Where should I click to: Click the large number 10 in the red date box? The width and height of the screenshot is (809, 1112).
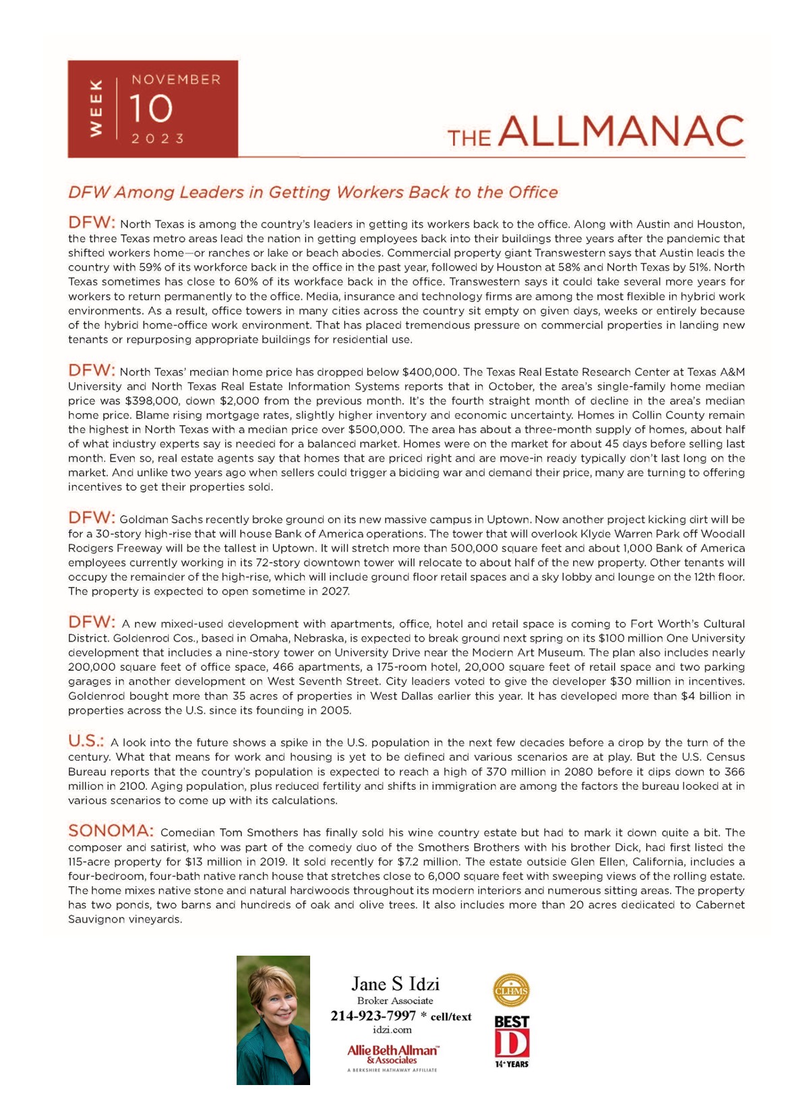tap(151, 109)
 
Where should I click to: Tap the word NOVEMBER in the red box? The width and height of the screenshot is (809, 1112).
tap(176, 80)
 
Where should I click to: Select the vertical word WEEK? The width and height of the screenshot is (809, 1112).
tap(96, 108)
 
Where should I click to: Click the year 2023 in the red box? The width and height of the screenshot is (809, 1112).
tap(158, 139)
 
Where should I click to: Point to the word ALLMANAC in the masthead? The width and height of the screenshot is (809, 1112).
tap(622, 131)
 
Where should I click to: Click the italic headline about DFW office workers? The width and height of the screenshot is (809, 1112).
tap(313, 193)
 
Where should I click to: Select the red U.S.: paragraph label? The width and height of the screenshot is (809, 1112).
tap(86, 741)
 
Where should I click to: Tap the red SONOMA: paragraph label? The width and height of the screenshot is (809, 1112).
tap(111, 831)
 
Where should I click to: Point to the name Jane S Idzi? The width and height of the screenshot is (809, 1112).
tap(395, 984)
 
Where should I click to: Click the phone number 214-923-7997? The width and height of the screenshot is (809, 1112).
tap(373, 1016)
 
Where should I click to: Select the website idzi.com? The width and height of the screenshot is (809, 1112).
tap(392, 1030)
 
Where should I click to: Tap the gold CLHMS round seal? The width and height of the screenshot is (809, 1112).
tap(511, 991)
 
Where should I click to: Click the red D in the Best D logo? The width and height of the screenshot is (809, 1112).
tap(512, 1043)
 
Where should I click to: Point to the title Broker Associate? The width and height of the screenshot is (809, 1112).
tap(395, 1001)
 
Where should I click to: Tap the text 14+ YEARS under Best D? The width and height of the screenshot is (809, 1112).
tap(512, 1064)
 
